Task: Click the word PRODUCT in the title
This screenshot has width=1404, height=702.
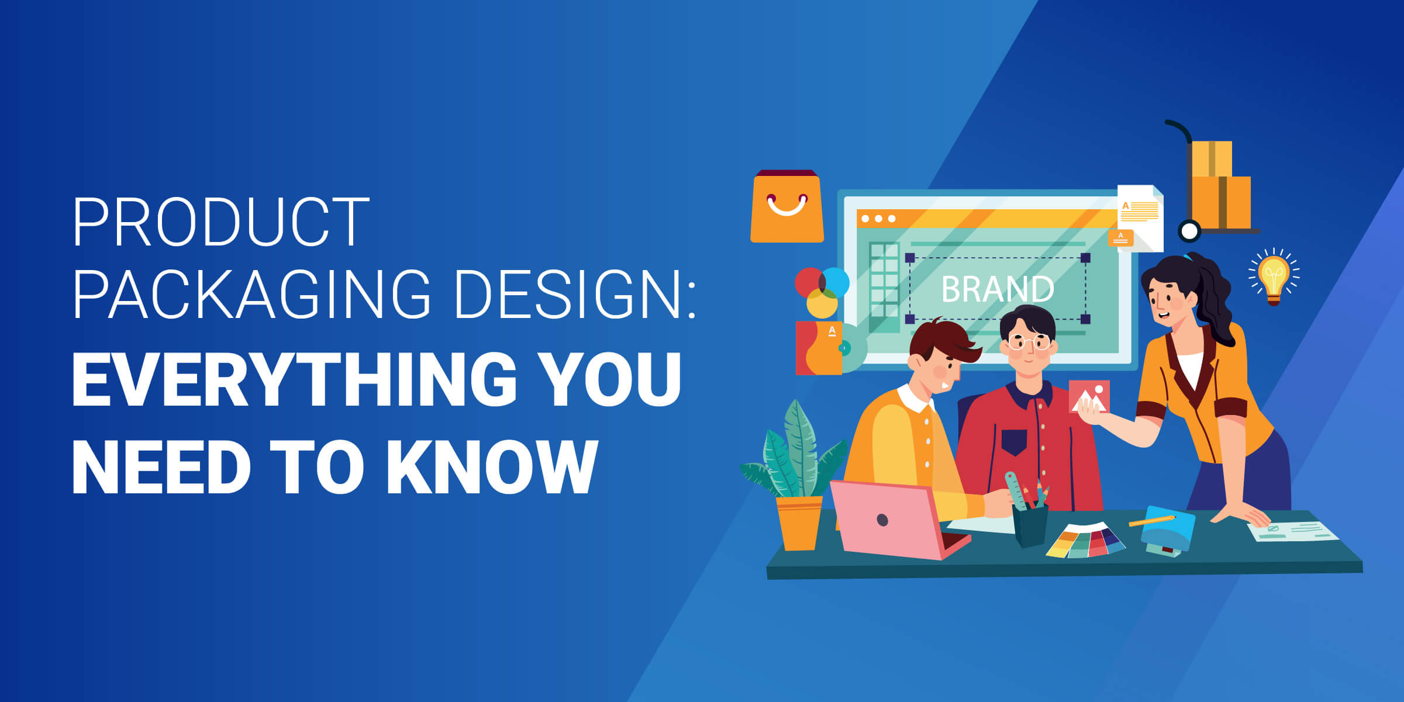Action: [x=221, y=223]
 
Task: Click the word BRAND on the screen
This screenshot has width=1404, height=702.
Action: [x=998, y=289]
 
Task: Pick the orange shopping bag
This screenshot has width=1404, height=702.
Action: [x=787, y=208]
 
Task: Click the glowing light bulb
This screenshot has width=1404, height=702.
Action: [x=1274, y=276]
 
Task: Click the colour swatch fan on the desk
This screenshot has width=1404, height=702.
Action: [x=1085, y=541]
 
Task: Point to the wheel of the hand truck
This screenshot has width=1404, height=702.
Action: [x=1189, y=231]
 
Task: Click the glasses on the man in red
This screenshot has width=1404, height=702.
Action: [x=1029, y=341]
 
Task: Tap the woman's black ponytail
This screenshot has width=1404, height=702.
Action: [x=1216, y=292]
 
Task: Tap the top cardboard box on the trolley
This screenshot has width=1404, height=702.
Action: [x=1212, y=158]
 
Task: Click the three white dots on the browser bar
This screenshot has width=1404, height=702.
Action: [x=878, y=219]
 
